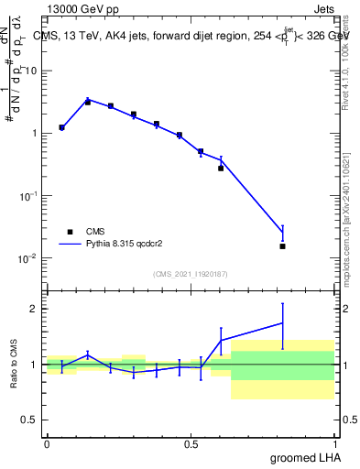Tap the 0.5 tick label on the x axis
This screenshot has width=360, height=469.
coord(191,442)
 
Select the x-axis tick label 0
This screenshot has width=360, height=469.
coord(47,442)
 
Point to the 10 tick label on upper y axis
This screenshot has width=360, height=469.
coord(33,71)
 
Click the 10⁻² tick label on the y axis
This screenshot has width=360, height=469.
coord(29,257)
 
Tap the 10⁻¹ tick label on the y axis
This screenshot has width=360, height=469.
coord(29,195)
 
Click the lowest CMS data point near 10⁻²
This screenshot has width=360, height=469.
coord(282,245)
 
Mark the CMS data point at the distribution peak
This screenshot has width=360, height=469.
coord(88,102)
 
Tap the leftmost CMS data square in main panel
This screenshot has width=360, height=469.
coord(61,127)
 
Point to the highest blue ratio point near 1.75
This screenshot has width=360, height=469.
coord(282,322)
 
